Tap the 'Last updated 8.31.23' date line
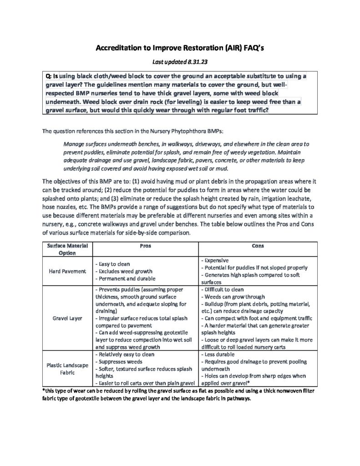[180, 61]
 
